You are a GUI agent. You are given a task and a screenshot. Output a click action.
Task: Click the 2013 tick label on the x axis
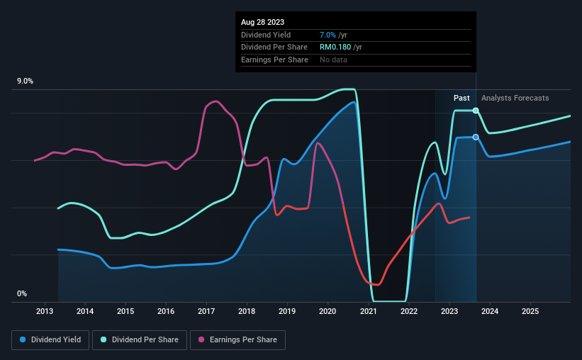coord(45,311)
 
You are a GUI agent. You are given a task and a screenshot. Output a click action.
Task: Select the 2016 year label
coord(166,311)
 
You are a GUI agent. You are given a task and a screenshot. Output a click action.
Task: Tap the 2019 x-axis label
coord(287,311)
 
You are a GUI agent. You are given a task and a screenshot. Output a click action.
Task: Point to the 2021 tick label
coord(368,311)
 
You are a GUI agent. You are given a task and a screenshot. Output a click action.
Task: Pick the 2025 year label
coord(530,311)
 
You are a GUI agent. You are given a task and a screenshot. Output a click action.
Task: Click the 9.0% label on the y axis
coord(25,81)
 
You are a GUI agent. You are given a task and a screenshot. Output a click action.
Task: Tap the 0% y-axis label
coord(22,293)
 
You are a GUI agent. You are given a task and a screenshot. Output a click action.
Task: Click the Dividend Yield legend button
coord(50,340)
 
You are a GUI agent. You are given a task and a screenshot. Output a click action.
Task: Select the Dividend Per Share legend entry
coord(140,340)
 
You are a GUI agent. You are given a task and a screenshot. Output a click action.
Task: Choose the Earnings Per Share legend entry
coord(237,340)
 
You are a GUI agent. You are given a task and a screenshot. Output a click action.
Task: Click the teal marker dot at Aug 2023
coord(476,111)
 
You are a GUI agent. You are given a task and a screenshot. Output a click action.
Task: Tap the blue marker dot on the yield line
coord(476,137)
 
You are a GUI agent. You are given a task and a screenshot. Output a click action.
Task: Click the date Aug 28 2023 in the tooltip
coord(262,22)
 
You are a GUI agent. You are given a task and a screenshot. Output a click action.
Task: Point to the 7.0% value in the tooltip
coord(328,35)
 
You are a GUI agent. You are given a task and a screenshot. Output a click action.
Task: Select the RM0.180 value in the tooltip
coord(335,47)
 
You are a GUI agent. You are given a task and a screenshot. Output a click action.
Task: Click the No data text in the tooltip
coord(333,60)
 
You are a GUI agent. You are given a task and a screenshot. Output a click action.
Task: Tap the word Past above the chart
coord(461,98)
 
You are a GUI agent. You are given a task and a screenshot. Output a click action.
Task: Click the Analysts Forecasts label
coord(515,98)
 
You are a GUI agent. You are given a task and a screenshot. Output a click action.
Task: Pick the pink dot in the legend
coord(201,339)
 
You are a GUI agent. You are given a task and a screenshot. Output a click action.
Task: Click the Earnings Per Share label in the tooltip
coord(274,60)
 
